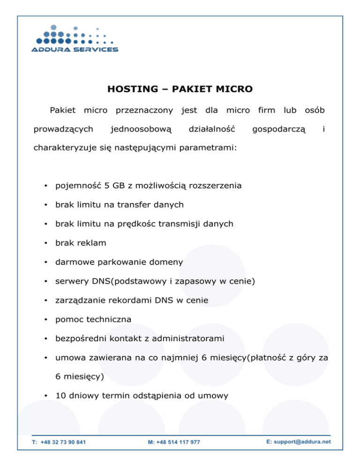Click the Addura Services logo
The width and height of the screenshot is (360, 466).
pyautogui.click(x=75, y=38)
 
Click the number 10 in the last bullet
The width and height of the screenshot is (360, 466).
pyautogui.click(x=60, y=396)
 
